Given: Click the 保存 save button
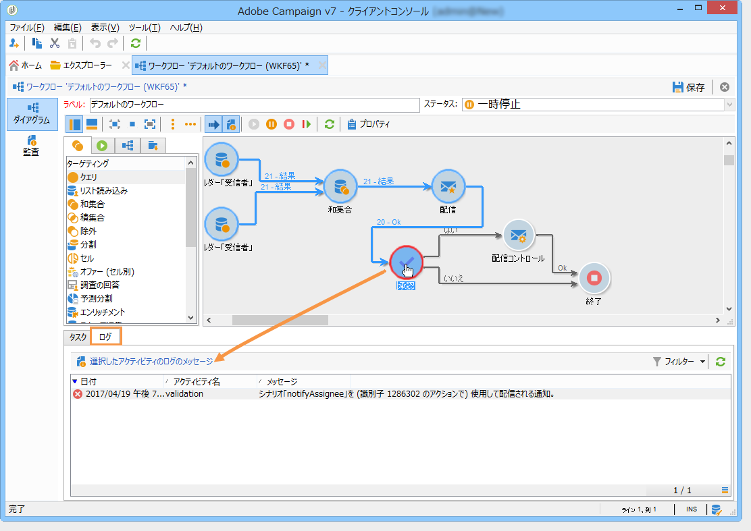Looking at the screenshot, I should pyautogui.click(x=688, y=87).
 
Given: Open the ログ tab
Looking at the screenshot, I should pyautogui.click(x=105, y=336).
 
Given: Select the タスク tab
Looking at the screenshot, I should pyautogui.click(x=78, y=336).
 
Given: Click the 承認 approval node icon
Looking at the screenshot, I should pyautogui.click(x=406, y=262).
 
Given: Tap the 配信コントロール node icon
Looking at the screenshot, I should pyautogui.click(x=518, y=235).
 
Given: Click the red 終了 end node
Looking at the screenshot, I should pyautogui.click(x=594, y=277).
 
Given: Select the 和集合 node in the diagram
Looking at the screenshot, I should pyautogui.click(x=340, y=186).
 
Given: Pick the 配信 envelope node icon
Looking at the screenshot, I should pyautogui.click(x=448, y=186).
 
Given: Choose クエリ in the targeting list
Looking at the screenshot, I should pyautogui.click(x=88, y=177).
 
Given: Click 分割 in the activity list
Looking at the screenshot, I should pyautogui.click(x=88, y=244).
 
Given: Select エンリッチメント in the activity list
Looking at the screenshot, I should pyautogui.click(x=102, y=312).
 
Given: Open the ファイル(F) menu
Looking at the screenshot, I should pyautogui.click(x=27, y=28).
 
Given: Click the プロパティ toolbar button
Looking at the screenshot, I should pyautogui.click(x=369, y=124).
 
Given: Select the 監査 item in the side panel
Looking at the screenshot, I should pyautogui.click(x=31, y=145).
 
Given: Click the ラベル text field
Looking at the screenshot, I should pyautogui.click(x=254, y=105).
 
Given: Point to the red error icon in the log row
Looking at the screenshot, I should pyautogui.click(x=78, y=394).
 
